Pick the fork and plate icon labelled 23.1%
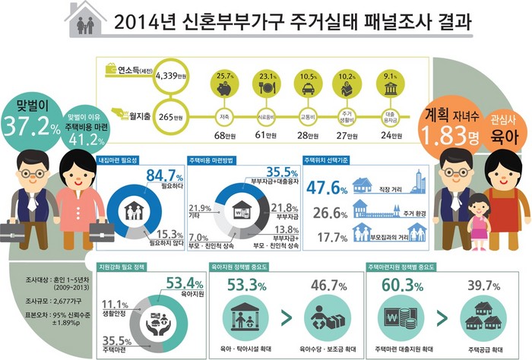[x=265, y=88]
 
